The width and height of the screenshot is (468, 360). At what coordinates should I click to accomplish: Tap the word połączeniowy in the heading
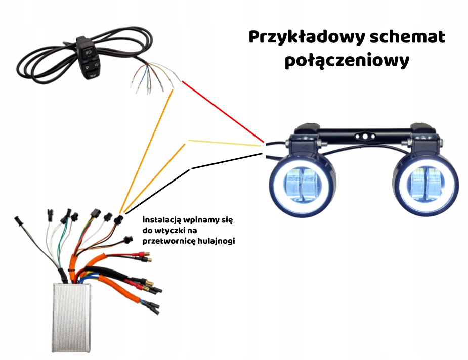click(347, 61)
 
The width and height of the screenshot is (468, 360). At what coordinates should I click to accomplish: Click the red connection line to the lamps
click(223, 111)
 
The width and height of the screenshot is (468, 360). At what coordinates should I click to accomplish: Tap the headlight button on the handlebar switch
click(89, 52)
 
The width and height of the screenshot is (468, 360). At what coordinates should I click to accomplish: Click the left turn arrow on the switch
click(84, 66)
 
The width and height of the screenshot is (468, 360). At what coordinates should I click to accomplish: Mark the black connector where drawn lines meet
click(118, 219)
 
